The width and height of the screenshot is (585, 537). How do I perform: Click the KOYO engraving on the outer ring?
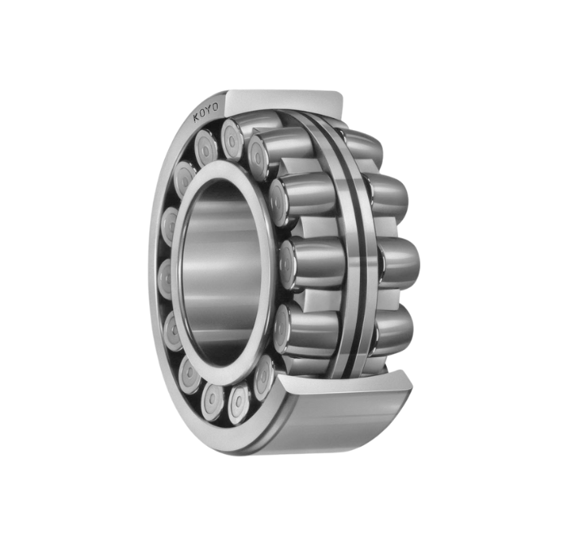tap(206, 112)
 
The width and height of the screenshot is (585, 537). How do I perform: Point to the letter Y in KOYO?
tap(210, 110)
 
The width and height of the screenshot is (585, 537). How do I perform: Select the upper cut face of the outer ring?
tap(284, 101)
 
